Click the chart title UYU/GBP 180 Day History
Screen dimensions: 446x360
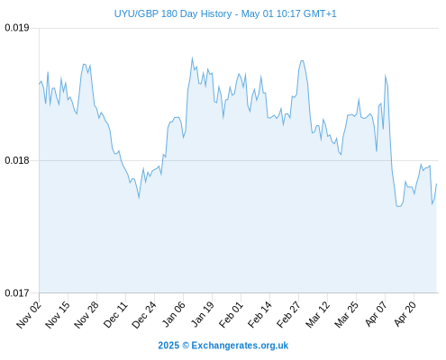coord(173,13)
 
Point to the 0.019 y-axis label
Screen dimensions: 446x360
coord(17,28)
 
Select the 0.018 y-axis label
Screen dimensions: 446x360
coord(17,160)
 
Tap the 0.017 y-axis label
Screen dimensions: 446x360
coord(17,292)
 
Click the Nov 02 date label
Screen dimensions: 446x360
coord(29,314)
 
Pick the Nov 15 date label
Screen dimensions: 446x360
coord(58,314)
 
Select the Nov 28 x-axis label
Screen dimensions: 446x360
coord(86,314)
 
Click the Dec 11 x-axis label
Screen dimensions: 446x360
coord(115,314)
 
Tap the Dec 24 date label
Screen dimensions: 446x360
coord(144,314)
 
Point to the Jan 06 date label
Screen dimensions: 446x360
coord(173,314)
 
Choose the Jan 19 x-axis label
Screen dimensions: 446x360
coord(203,314)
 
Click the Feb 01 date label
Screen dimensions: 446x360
coord(231,314)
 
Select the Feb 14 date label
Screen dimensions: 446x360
coord(259,314)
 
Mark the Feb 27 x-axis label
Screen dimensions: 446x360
coord(288,314)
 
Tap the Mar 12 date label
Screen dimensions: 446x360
coord(317,314)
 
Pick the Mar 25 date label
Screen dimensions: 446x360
coord(346,314)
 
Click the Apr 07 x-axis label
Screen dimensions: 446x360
coord(376,314)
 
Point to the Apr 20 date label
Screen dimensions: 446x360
coord(405,314)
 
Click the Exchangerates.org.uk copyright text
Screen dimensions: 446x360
coord(223,346)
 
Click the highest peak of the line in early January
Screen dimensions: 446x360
coord(192,58)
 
